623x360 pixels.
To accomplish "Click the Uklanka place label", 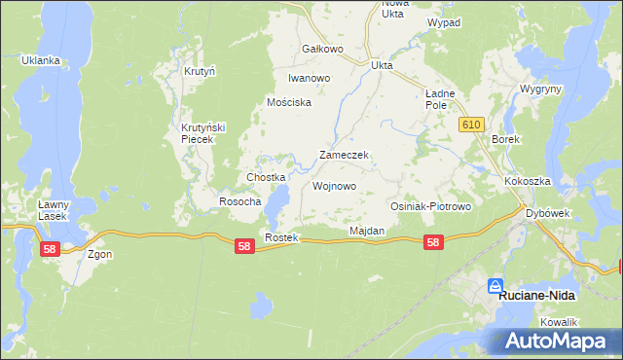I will (x=41, y=60).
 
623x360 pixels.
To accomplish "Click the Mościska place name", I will (x=289, y=102).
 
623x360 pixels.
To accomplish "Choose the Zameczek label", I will (x=343, y=156).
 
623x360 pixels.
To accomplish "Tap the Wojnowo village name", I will (x=334, y=186).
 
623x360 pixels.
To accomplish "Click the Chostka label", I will (x=266, y=178).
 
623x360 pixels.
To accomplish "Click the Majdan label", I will (x=367, y=232).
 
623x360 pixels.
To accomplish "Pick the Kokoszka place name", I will (x=528, y=182).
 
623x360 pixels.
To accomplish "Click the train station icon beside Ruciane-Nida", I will (x=495, y=286).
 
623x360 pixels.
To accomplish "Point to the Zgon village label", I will (x=99, y=255).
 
